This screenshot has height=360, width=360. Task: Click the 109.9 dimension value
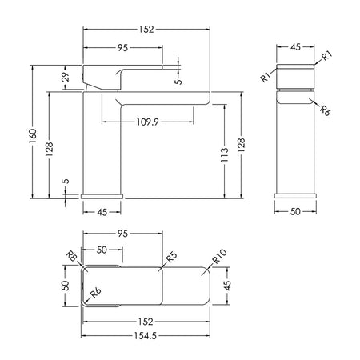147,122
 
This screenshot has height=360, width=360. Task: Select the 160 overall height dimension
33,136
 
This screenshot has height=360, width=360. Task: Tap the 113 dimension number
225,154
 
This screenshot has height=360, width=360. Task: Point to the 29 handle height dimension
66,77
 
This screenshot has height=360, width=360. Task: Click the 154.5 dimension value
146,335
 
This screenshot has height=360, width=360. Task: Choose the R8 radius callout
72,256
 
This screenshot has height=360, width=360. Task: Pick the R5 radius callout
171,257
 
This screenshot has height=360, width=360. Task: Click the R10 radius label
219,256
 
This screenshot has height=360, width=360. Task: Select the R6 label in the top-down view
95,293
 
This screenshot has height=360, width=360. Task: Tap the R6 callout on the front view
325,110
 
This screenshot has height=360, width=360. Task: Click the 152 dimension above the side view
146,29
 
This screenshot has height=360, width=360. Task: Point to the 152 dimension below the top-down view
146,322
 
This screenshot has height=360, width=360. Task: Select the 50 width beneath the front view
295,211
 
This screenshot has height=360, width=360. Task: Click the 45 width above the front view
295,47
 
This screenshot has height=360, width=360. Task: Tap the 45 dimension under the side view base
102,212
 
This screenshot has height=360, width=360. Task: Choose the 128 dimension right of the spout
242,145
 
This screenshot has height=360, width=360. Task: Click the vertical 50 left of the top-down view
66,286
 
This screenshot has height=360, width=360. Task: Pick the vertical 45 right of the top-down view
227,286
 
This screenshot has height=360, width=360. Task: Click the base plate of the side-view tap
102,196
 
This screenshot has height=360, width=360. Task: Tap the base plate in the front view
295,196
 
